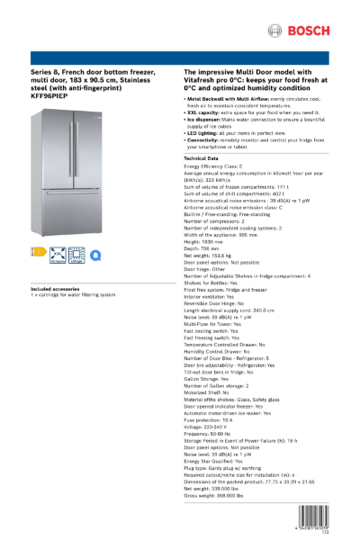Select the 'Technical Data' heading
pos(206,157)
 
